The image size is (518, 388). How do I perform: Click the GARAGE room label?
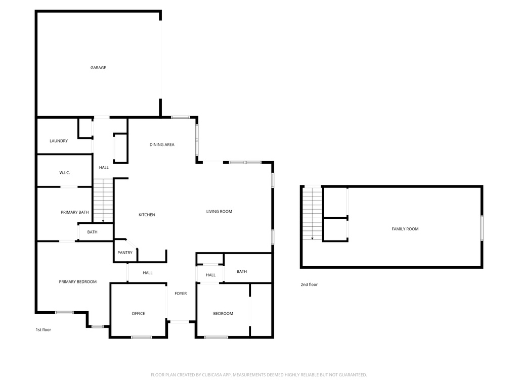point(98,68)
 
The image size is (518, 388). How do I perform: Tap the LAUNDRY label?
point(59,141)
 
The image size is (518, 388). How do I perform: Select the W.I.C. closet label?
point(65,173)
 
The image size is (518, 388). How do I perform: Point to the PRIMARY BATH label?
point(75,212)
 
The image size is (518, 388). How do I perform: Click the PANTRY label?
point(125,253)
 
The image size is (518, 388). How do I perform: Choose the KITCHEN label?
point(147,215)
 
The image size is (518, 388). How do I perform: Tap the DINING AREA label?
point(162,145)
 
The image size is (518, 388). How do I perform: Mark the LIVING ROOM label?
point(219,212)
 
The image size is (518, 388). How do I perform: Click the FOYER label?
point(181,294)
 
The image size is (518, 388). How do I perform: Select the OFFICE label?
point(138,314)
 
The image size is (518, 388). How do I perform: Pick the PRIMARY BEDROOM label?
point(77,282)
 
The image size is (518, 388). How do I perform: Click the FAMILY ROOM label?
point(405,229)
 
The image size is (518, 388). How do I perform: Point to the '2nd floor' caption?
point(309,285)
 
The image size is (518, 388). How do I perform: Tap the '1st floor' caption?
point(43,330)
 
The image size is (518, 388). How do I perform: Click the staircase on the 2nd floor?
point(312,213)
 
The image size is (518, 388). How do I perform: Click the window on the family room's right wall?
point(482,227)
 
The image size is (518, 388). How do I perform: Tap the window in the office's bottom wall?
point(142,337)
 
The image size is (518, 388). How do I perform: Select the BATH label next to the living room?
point(242,272)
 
